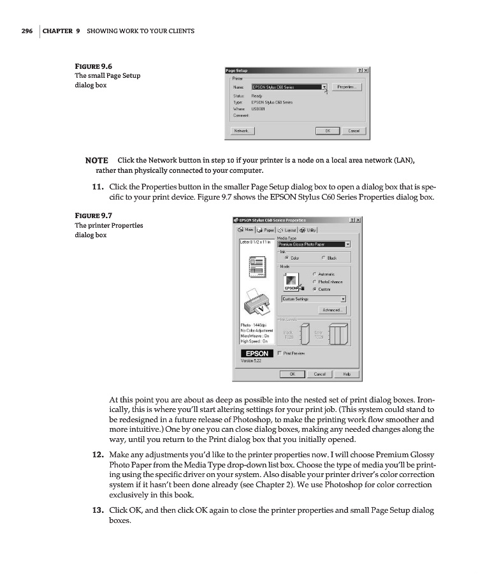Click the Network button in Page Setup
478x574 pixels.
pyautogui.click(x=242, y=131)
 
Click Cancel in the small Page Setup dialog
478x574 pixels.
pyautogui.click(x=354, y=131)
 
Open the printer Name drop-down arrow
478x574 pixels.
pyautogui.click(x=324, y=87)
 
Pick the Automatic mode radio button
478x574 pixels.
pyautogui.click(x=314, y=274)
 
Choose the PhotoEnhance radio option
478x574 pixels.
pyautogui.click(x=314, y=281)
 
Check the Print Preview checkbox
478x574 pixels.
pyautogui.click(x=280, y=353)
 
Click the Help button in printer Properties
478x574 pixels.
pyautogui.click(x=347, y=374)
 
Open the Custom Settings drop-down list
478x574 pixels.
pyautogui.click(x=343, y=298)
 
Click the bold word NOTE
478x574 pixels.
pyautogui.click(x=96, y=159)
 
